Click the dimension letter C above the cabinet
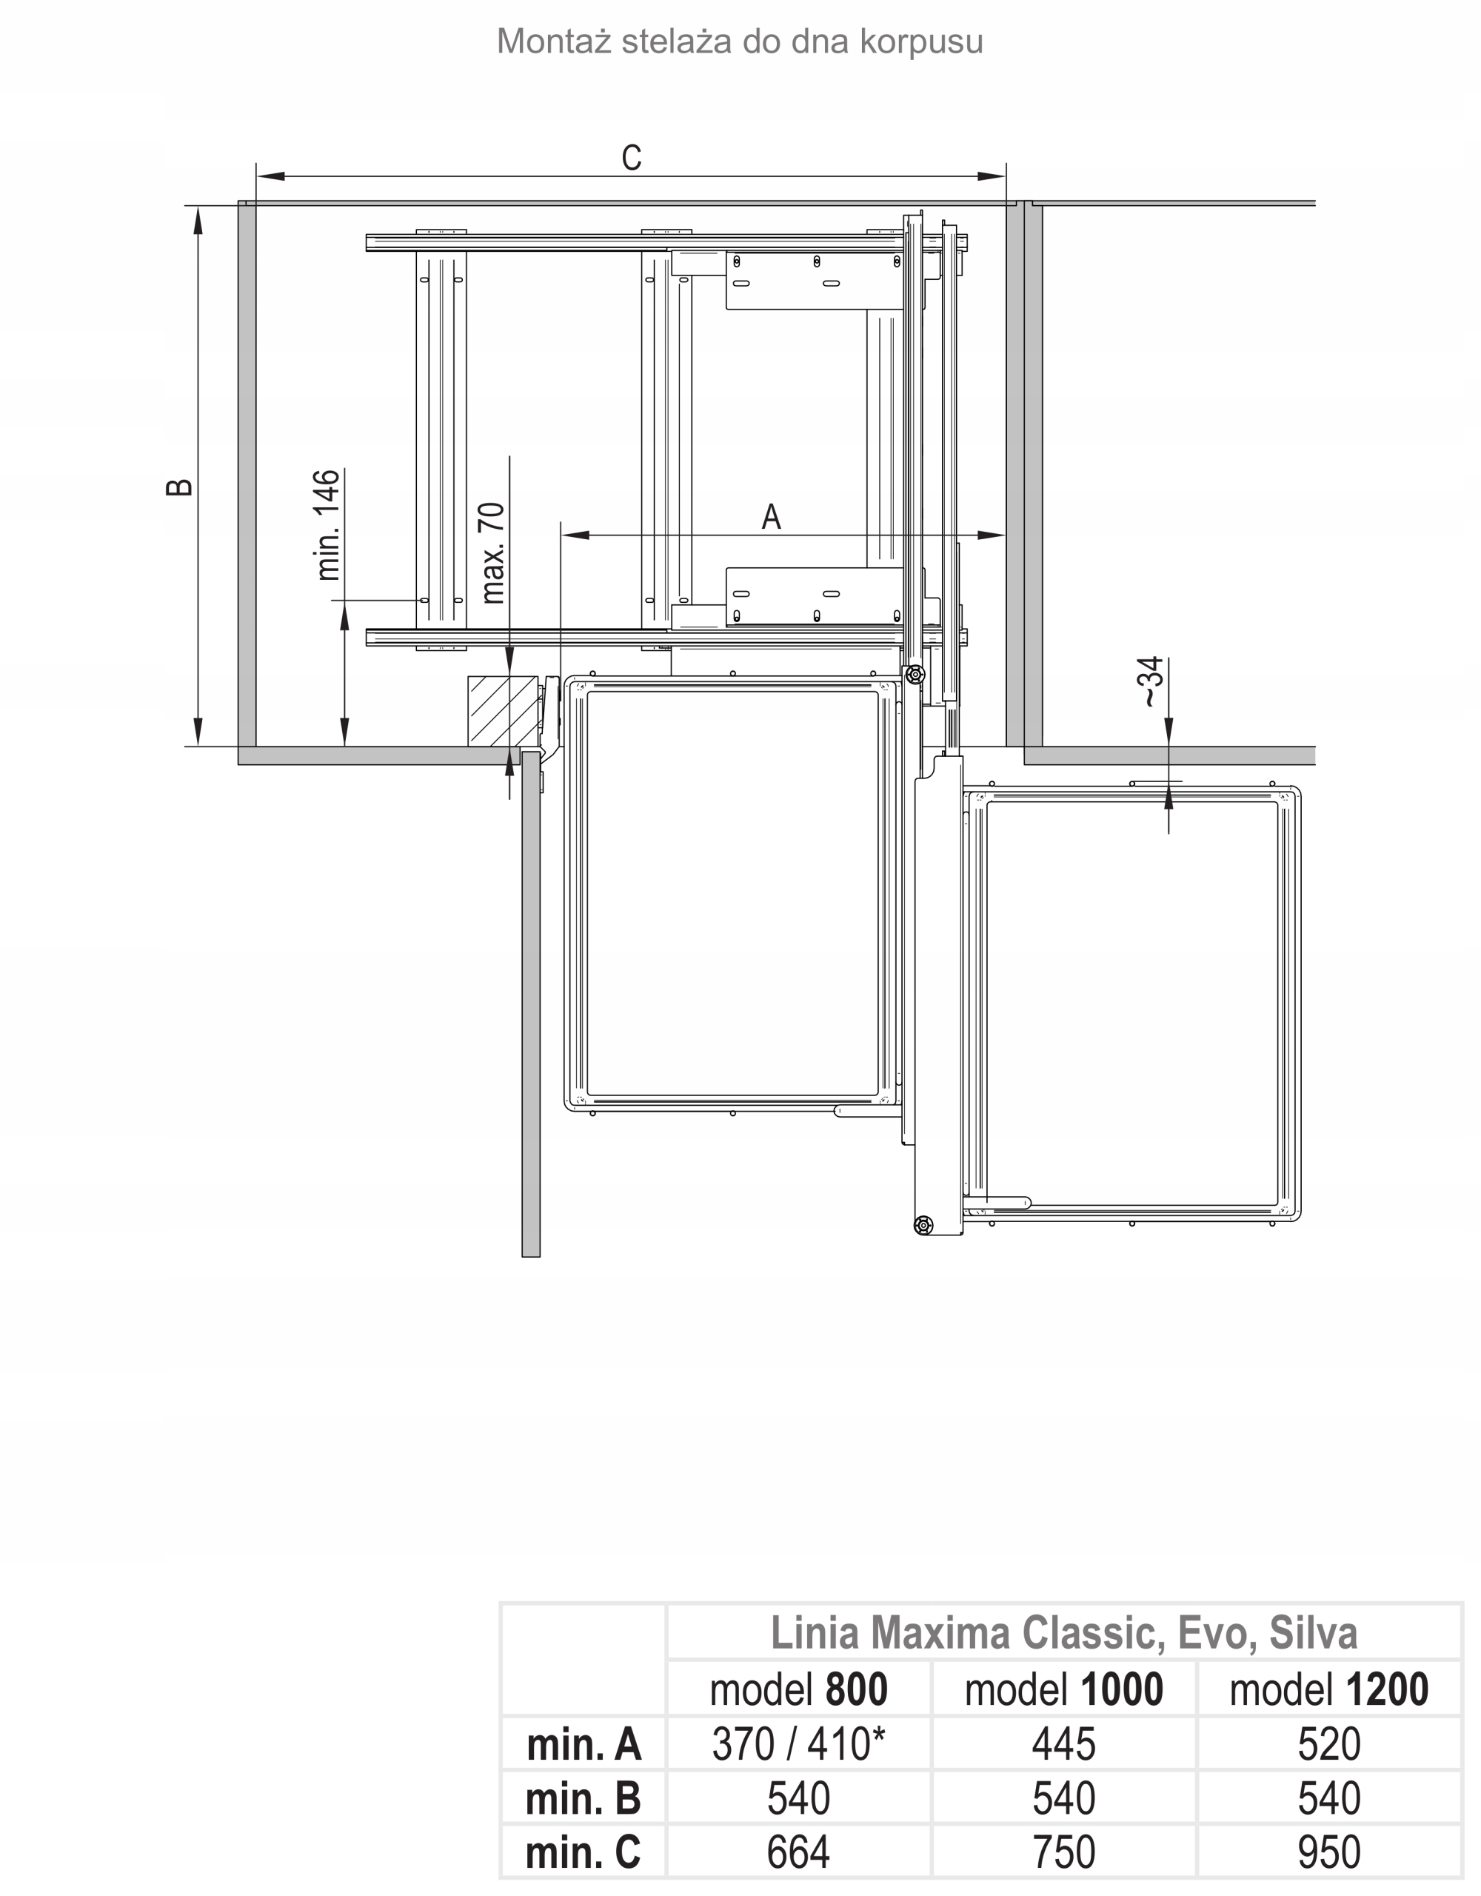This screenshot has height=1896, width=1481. [631, 158]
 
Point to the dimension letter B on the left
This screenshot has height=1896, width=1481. [179, 487]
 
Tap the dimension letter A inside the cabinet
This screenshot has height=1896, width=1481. [771, 518]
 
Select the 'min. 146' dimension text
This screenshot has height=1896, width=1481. [328, 524]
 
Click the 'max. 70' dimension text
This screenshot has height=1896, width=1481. [492, 553]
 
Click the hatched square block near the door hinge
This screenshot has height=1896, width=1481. [503, 710]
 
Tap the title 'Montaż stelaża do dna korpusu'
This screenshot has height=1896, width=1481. [740, 41]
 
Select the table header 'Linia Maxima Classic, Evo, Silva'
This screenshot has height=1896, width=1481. [1063, 1633]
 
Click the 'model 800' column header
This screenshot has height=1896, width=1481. [799, 1689]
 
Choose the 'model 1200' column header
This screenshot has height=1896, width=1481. [1329, 1689]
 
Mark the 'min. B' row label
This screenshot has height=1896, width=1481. [584, 1798]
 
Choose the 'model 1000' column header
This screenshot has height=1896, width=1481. [1063, 1689]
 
